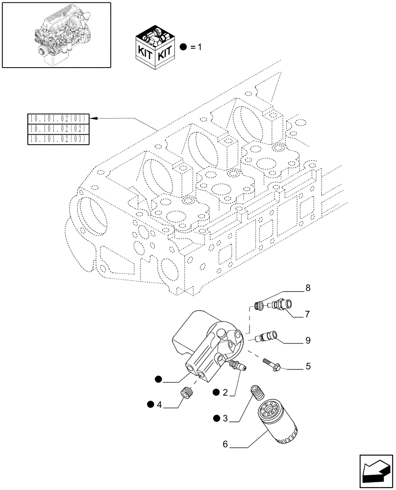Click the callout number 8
(308, 289)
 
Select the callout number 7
(307, 313)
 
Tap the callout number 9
(307, 339)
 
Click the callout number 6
(225, 444)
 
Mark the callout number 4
(160, 404)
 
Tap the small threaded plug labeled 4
(186, 392)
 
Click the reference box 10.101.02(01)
(58, 119)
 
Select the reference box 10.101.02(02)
(58, 129)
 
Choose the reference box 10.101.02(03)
(58, 139)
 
